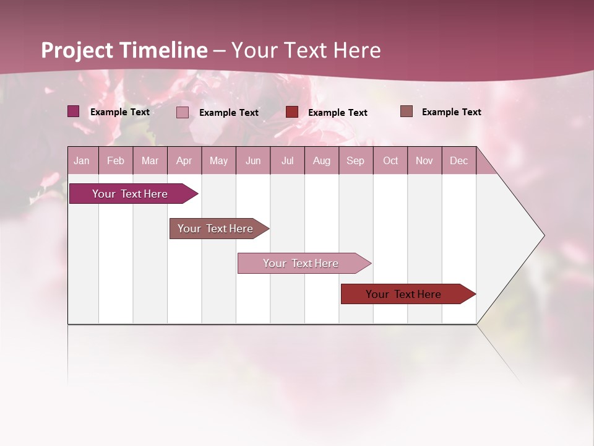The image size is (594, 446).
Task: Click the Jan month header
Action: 82,160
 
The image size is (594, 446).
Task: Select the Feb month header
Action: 116,160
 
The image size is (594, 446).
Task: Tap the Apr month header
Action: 184,160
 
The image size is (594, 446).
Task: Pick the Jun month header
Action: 252,160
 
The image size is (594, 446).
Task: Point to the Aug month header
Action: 321,160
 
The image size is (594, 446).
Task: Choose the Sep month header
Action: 355,160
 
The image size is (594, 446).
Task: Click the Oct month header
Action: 390,160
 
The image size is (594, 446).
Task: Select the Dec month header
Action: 458,160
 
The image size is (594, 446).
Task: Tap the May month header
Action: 218,160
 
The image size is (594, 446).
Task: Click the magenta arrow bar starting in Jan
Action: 131,194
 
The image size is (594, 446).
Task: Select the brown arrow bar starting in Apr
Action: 216,229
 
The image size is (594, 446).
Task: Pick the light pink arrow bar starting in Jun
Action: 301,263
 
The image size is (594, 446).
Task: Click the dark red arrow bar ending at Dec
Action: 404,294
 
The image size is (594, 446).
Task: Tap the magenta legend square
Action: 74,111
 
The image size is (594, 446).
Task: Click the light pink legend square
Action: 183,112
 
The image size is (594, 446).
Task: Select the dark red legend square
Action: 292,112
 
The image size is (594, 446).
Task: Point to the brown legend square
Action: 406,111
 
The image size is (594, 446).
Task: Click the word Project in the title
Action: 78,50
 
